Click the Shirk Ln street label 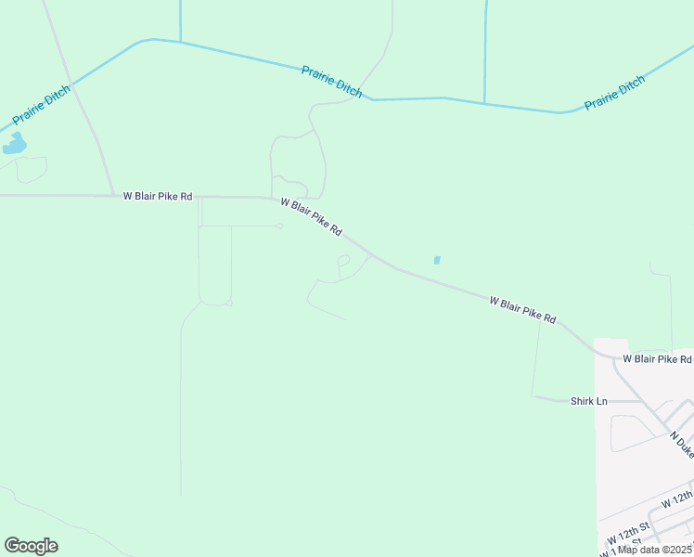tap(588, 401)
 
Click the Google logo tap(31, 546)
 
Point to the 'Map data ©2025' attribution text tap(655, 550)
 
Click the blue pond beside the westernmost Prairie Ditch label tap(15, 144)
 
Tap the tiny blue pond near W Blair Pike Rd tap(437, 260)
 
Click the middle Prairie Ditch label tap(331, 82)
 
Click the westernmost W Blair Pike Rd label tap(157, 196)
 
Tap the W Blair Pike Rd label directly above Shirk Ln tap(657, 358)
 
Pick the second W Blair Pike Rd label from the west tap(312, 217)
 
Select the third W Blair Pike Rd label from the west tap(522, 309)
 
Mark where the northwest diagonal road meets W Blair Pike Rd tap(113, 196)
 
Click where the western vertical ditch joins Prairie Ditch tap(180, 42)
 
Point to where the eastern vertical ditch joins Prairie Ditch tap(484, 102)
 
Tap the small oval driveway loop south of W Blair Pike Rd tap(343, 261)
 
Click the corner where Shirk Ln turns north tap(533, 396)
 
